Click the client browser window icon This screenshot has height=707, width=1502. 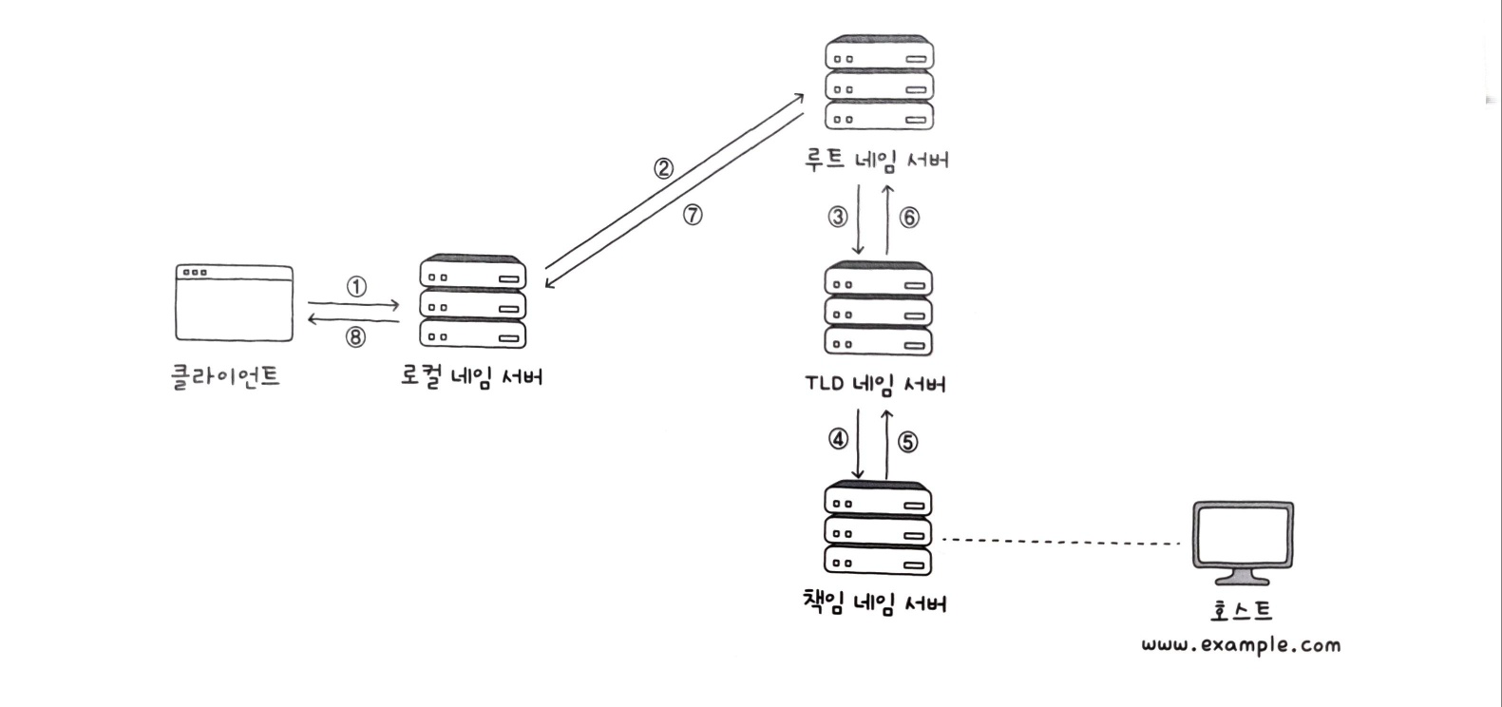[x=234, y=303]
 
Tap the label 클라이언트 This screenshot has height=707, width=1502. [x=226, y=376]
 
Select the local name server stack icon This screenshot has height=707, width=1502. [x=472, y=302]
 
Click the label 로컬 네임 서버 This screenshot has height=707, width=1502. [x=471, y=376]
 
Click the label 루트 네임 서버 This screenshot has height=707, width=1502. [x=876, y=160]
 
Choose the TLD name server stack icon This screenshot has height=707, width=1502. [x=879, y=309]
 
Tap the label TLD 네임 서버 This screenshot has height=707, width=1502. [x=875, y=384]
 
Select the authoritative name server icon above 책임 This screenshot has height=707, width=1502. [x=877, y=529]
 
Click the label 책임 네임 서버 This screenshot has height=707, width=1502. [x=875, y=602]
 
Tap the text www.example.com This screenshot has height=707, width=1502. [x=1241, y=645]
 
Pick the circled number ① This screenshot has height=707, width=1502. [x=355, y=287]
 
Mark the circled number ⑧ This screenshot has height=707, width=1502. [x=354, y=337]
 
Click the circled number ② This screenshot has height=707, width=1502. [x=663, y=169]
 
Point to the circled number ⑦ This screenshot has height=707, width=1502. [x=693, y=216]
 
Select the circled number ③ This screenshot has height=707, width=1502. [x=837, y=218]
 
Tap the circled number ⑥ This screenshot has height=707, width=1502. [x=909, y=218]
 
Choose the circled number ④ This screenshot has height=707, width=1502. [x=837, y=439]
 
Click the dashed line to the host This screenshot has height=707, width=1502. [x=1059, y=542]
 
